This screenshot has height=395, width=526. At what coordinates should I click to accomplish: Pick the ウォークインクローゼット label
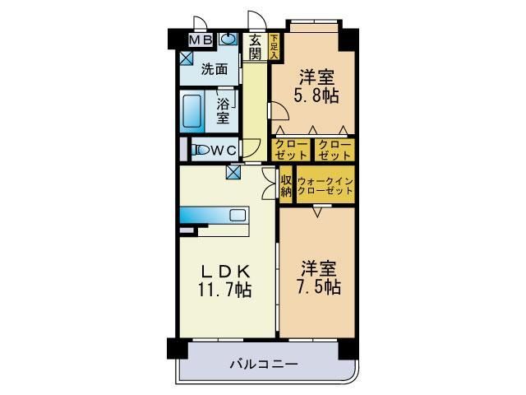(x=325, y=185)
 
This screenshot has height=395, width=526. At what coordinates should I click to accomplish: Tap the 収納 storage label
(x=286, y=185)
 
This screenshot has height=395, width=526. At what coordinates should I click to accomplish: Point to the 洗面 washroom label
(x=215, y=69)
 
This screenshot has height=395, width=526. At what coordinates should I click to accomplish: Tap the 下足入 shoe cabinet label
(x=274, y=46)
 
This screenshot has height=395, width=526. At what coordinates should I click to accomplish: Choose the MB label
(x=201, y=39)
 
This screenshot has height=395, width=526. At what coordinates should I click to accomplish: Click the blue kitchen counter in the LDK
(x=214, y=216)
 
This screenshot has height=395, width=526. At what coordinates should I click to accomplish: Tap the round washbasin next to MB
(x=226, y=39)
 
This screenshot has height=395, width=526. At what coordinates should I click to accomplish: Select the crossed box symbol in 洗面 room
(x=187, y=58)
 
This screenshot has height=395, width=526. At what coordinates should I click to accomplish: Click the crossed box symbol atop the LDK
(x=234, y=172)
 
